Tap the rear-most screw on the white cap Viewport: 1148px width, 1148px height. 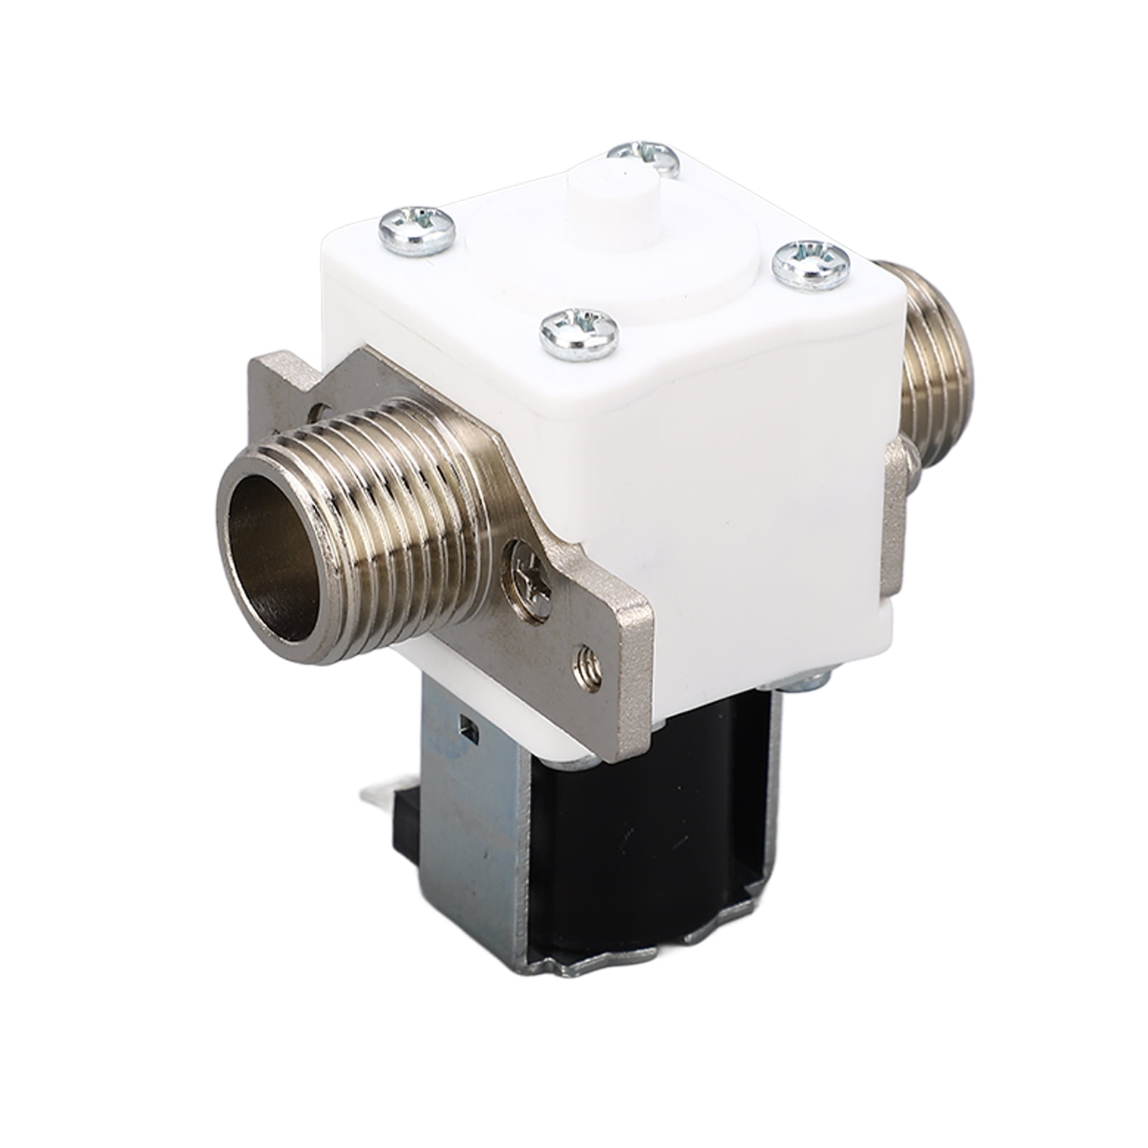pyautogui.click(x=644, y=157)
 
